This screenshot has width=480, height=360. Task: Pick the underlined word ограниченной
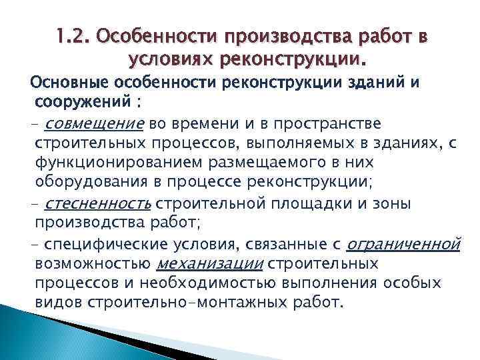[x=405, y=244]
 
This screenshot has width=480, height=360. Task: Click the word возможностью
[x=91, y=264]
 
